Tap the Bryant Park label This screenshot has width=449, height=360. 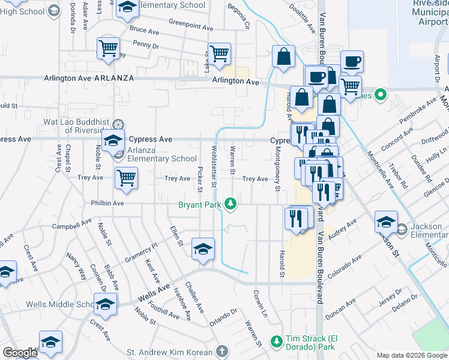[x=201, y=205]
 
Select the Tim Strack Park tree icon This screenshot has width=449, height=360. [x=277, y=341]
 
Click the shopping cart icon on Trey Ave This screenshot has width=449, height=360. [x=127, y=177]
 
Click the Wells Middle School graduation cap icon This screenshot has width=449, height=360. [x=106, y=305]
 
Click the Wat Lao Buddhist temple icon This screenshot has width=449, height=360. [x=119, y=125]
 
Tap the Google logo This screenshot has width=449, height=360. [x=20, y=353]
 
